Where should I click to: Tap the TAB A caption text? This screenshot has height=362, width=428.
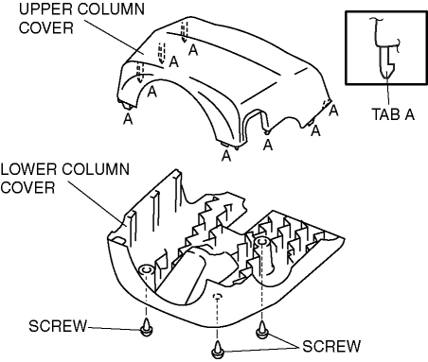[393, 114]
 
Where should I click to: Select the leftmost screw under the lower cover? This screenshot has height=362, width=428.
[146, 328]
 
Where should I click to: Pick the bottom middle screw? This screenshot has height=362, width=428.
[217, 350]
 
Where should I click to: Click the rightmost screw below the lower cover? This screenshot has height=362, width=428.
[262, 330]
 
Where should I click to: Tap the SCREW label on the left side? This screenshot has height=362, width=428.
[58, 326]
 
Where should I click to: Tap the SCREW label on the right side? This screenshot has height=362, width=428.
[331, 346]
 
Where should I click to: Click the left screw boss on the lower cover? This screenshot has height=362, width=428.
[146, 271]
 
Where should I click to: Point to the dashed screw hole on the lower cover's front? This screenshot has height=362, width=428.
[217, 296]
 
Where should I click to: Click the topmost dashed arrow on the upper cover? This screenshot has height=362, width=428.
[184, 31]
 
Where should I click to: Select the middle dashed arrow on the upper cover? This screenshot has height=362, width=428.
[162, 53]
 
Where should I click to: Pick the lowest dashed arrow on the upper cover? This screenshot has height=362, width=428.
[140, 73]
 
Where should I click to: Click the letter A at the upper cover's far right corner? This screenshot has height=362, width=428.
[333, 111]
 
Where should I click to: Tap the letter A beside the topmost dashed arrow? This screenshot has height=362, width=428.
[193, 50]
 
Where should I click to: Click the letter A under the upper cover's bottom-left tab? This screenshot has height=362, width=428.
[128, 119]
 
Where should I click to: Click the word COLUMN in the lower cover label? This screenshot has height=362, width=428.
[96, 169]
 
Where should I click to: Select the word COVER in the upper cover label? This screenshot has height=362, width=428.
[46, 27]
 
